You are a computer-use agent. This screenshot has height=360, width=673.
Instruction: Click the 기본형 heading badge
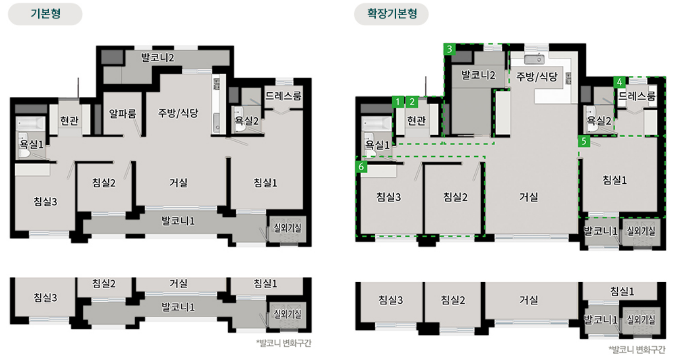[45, 14]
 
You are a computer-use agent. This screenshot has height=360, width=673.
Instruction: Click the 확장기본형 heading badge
[391, 14]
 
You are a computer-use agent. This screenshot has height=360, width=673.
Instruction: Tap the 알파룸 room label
[123, 113]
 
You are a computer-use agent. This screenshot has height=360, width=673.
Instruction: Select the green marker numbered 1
[398, 102]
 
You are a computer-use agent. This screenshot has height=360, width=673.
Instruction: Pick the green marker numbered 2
[412, 102]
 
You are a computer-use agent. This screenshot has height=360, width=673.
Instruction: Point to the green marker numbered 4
[620, 82]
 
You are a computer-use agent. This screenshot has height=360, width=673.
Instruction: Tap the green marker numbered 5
[584, 142]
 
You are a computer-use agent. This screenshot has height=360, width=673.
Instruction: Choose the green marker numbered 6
[361, 167]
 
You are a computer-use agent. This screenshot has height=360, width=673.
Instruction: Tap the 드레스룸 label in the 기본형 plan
[284, 95]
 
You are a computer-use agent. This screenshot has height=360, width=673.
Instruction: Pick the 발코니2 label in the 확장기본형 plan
[479, 75]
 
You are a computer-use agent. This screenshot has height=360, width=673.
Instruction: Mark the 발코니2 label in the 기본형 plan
[158, 57]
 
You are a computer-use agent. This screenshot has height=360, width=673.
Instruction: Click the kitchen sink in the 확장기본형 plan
[534, 59]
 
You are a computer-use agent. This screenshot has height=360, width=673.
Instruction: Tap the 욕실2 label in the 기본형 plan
[247, 121]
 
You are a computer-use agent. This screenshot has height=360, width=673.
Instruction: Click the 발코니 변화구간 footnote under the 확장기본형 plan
[638, 348]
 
